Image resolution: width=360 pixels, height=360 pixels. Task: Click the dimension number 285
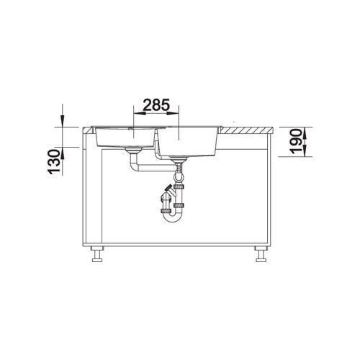(x=156, y=105)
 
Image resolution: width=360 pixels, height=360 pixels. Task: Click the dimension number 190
(x=295, y=141)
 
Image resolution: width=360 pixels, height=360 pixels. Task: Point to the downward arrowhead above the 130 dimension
(x=63, y=121)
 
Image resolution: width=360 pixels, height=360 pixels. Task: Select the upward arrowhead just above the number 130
(x=63, y=153)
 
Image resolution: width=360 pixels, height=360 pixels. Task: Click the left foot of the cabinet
(x=97, y=255)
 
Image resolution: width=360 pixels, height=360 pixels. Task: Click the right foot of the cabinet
(x=261, y=255)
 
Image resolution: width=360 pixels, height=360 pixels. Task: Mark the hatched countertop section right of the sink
(x=247, y=130)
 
